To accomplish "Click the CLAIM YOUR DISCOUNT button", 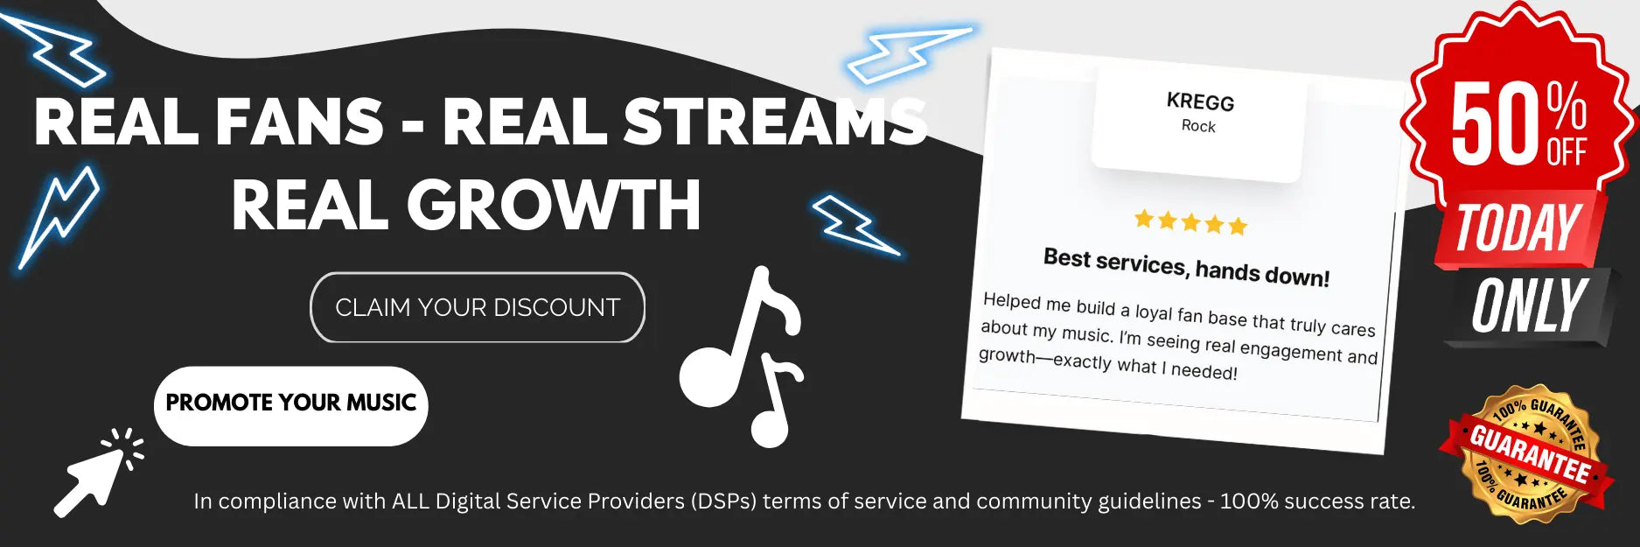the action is [x=478, y=307].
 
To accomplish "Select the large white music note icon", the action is [x=742, y=356].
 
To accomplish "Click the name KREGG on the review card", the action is [x=1200, y=102].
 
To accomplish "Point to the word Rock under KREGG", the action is [x=1198, y=126].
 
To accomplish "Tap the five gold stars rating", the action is [x=1190, y=221].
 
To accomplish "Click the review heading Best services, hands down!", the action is [x=1186, y=268].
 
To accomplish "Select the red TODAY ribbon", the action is [x=1520, y=228].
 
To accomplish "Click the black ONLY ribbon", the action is [x=1529, y=306].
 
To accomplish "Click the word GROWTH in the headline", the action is [x=554, y=205].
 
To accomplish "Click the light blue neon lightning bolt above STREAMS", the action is [x=910, y=54].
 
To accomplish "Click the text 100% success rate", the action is [x=1317, y=501].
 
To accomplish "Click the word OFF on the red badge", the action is [x=1567, y=152].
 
